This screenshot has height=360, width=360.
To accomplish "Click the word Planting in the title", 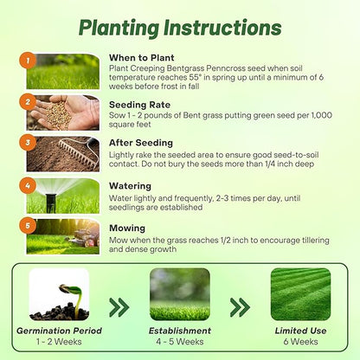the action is click(x=119, y=29).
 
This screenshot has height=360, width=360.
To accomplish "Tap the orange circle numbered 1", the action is click(x=28, y=61).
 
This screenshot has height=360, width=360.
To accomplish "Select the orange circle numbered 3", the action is click(x=28, y=143).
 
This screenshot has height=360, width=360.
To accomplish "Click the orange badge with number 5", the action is click(x=28, y=225).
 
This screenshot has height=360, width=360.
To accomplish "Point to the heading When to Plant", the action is click(x=142, y=58).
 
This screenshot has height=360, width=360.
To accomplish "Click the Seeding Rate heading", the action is click(x=139, y=105).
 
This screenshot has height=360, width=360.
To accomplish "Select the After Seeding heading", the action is click(x=141, y=143).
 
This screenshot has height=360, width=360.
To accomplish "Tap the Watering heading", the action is click(x=130, y=186).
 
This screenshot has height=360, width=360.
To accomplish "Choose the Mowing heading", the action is click(x=127, y=228).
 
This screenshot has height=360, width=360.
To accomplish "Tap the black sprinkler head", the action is click(x=50, y=202).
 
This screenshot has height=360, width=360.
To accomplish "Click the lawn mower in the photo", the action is click(x=85, y=237).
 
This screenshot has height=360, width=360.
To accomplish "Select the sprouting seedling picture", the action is click(x=59, y=294).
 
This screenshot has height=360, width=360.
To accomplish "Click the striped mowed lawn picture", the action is click(x=300, y=294).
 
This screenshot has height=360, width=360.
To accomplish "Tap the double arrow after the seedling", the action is click(x=119, y=307).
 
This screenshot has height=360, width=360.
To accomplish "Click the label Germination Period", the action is click(x=59, y=331).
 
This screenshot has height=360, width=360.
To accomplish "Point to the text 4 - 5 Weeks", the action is click(x=180, y=342).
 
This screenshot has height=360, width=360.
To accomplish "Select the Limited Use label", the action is click(x=300, y=331).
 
